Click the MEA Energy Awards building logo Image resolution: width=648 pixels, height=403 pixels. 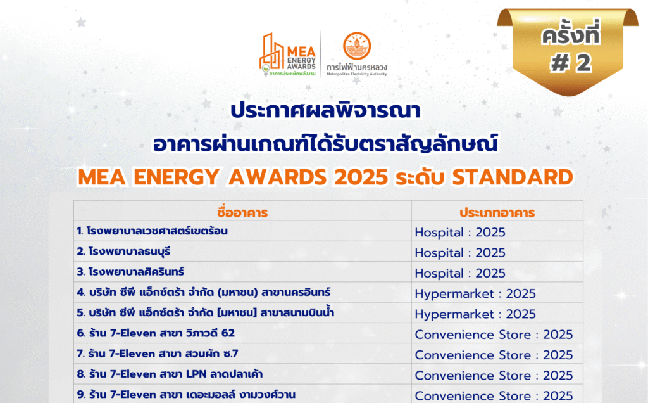click(288, 55)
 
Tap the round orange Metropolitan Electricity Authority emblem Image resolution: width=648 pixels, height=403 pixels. click(357, 46)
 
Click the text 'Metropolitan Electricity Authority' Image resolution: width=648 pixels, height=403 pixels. click(357, 74)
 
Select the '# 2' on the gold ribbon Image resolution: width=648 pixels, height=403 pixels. click(571, 63)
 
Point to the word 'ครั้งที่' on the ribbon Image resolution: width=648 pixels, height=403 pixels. click(571, 34)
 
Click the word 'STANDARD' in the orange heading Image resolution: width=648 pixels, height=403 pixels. click(513, 177)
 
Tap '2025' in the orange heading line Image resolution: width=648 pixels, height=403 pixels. click(361, 177)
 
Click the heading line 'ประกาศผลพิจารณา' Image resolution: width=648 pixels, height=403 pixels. click(326, 110)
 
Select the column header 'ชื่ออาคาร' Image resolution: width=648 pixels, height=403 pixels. click(242, 212)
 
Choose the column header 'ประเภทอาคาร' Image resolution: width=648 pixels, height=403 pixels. click(497, 213)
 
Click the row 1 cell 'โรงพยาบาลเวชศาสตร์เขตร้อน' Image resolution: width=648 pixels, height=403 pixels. click(152, 231)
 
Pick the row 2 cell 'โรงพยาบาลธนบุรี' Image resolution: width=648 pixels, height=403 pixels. click(123, 252)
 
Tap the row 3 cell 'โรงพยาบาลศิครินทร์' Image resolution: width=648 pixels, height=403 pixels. click(130, 272)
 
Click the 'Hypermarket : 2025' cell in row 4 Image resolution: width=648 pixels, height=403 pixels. click(475, 294)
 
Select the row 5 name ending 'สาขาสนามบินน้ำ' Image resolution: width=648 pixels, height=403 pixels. click(206, 312)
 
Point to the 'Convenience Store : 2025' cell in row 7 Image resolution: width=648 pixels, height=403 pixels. click(494, 355)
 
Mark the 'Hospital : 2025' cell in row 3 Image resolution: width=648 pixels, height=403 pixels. click(460, 274)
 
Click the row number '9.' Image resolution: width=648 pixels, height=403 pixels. click(82, 395)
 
